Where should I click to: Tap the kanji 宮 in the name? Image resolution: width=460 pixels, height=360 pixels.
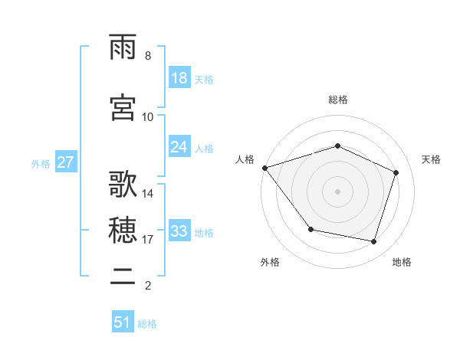123,108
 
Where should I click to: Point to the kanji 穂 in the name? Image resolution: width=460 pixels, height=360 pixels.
123,231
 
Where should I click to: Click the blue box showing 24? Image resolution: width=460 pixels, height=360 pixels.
179,147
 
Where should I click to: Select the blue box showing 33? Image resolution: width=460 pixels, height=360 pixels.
179,231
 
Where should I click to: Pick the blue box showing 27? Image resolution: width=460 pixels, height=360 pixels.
65,163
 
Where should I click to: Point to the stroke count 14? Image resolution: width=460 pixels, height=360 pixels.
148,194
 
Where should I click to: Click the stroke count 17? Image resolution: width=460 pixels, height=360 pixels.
148,240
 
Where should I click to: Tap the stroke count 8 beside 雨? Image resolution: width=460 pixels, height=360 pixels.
147,56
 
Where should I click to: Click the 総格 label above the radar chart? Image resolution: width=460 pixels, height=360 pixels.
337,100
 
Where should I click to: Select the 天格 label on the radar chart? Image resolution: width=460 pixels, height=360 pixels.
432,159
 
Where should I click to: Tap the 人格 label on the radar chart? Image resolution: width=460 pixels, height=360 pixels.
245,159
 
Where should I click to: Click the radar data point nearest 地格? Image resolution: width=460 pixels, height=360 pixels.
373,241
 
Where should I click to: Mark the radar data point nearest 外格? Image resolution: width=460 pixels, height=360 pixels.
310,229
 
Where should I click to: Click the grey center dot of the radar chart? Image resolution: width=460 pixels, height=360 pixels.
337,191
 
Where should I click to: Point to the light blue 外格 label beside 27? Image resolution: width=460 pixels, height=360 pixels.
41,164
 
